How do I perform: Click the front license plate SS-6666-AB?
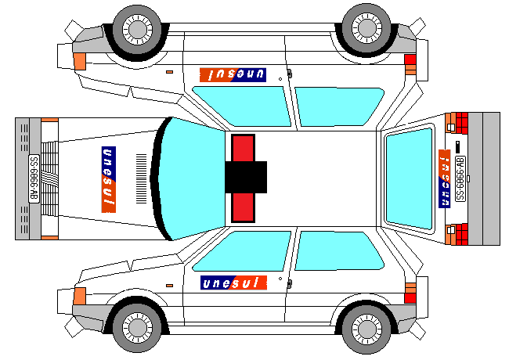coord(34,178)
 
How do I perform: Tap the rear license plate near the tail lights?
coord(460,178)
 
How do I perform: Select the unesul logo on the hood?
coord(109,179)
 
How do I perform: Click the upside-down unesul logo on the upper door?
coord(233,74)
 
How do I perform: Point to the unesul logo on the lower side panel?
coord(233,283)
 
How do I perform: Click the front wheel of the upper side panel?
coord(137,31)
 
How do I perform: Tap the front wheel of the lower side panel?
coord(137,328)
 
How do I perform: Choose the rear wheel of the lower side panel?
coord(366,329)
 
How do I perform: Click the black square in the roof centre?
coord(246,176)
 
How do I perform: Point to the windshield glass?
coord(192,178)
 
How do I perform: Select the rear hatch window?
coord(410,178)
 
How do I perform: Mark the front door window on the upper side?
coord(243,104)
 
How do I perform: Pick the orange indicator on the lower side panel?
coord(79,296)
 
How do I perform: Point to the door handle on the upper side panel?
coord(289,74)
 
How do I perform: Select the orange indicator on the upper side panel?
coord(79,59)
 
